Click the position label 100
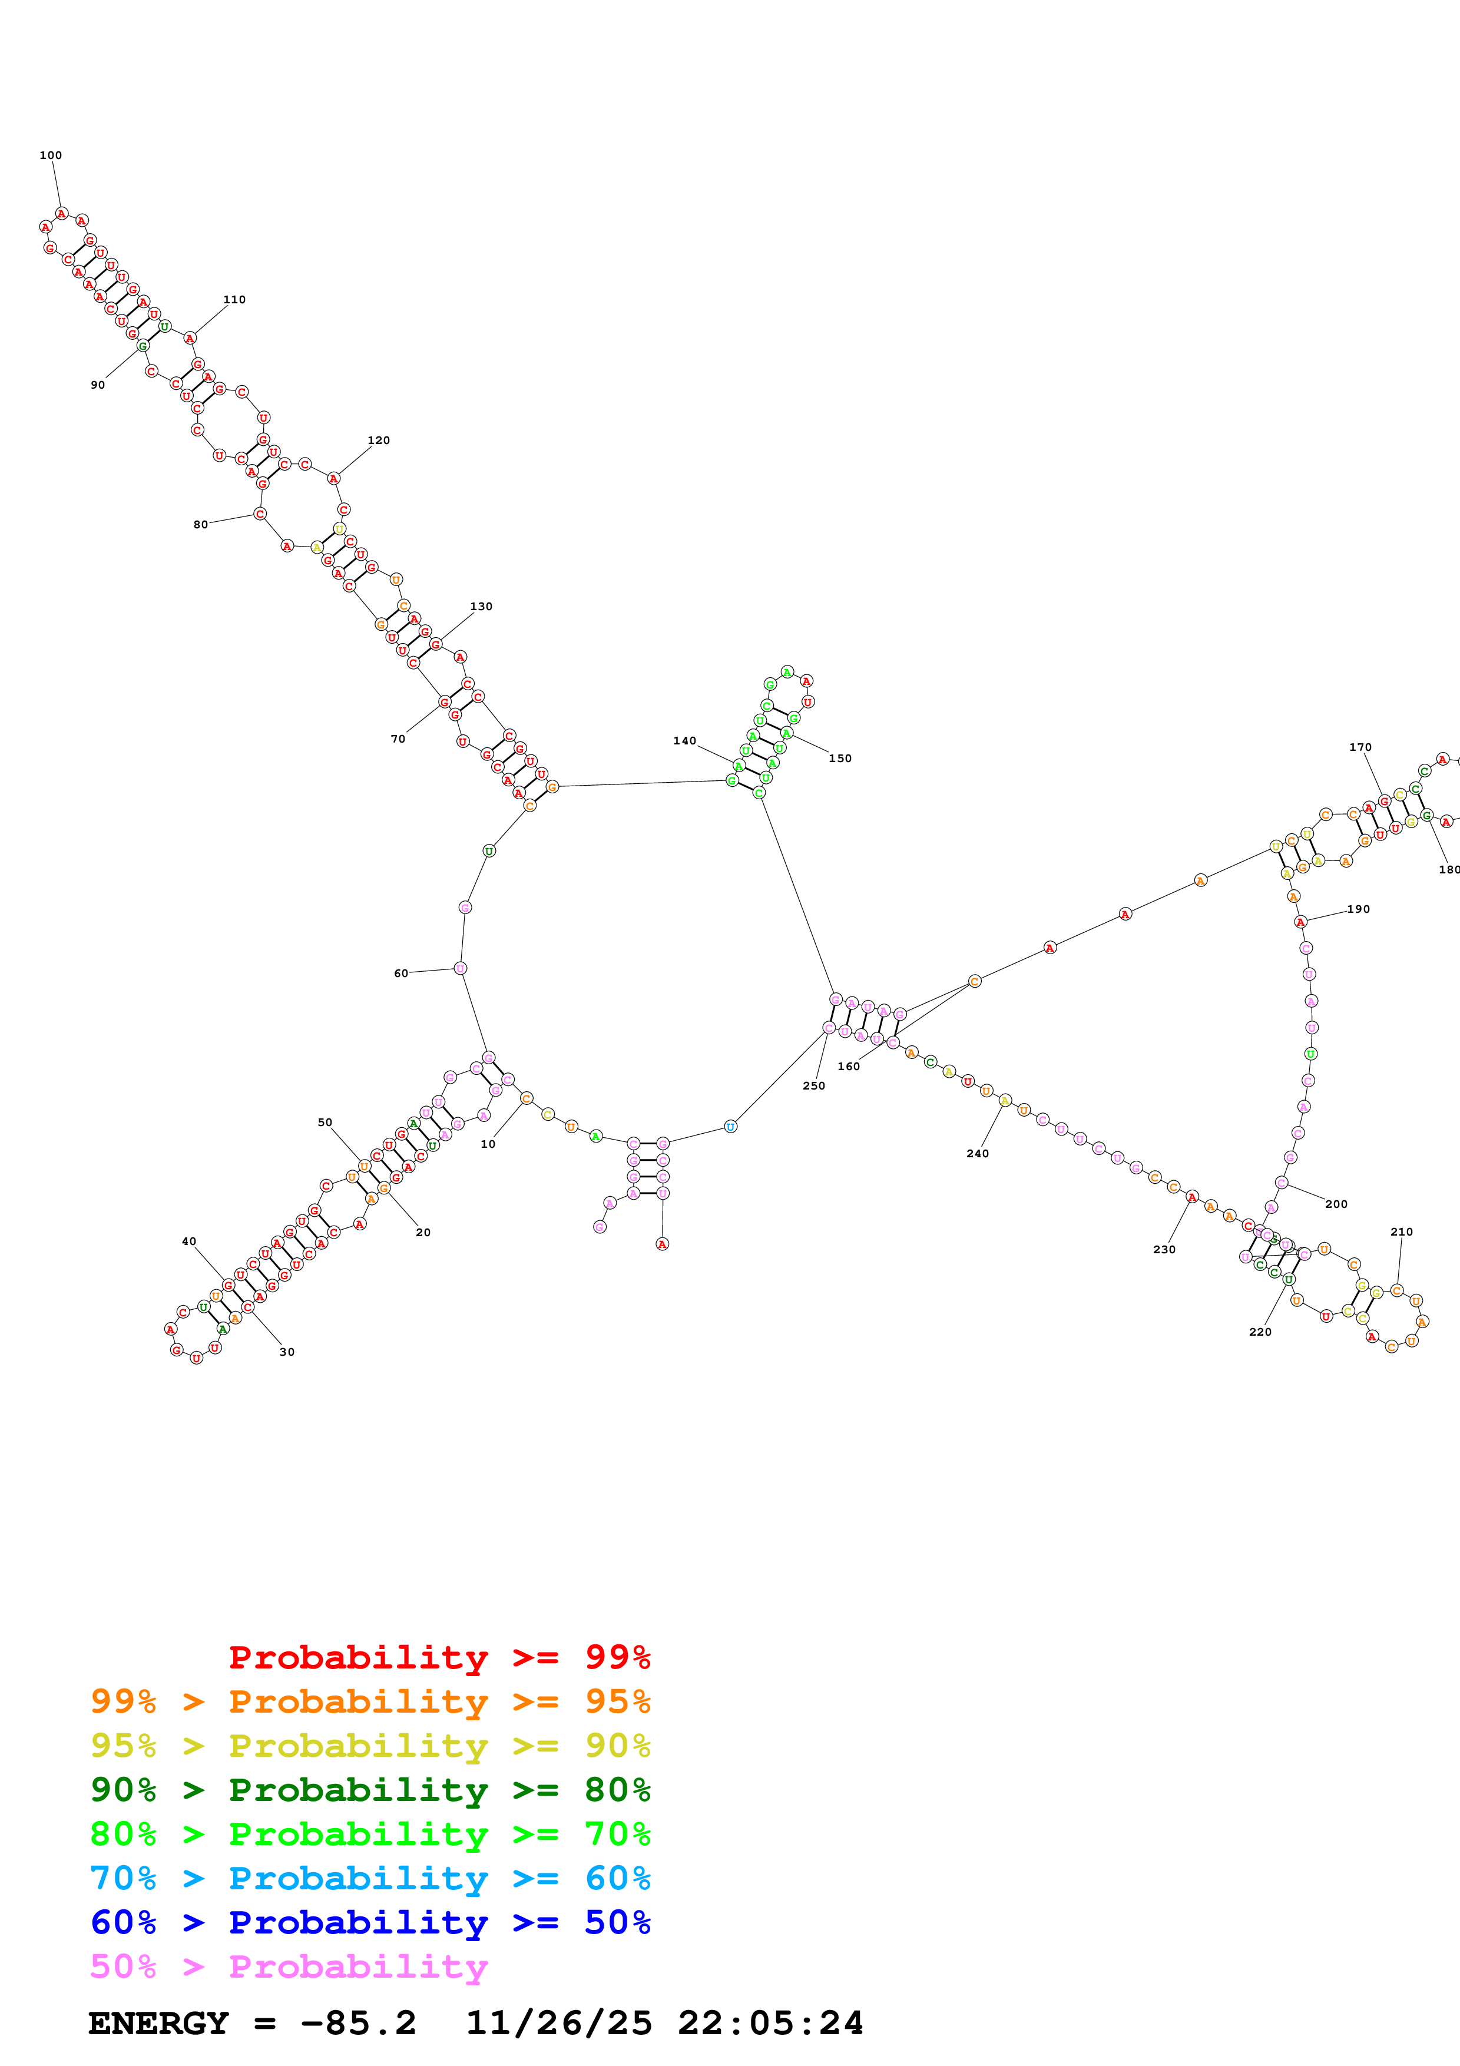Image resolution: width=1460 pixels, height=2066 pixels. pyautogui.click(x=51, y=155)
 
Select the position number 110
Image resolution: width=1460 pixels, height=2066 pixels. pyautogui.click(x=234, y=300)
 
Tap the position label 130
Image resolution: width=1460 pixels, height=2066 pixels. pyautogui.click(x=481, y=607)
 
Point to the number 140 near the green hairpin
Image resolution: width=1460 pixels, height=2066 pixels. pyautogui.click(x=684, y=740)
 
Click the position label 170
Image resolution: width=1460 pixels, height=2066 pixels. pyautogui.click(x=1360, y=747)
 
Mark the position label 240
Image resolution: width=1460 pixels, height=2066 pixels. pyautogui.click(x=977, y=1154)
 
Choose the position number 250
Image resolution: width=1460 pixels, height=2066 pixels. pyautogui.click(x=813, y=1086)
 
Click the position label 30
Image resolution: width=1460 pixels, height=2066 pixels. pyautogui.click(x=287, y=1352)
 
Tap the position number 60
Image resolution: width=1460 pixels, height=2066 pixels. pyautogui.click(x=401, y=974)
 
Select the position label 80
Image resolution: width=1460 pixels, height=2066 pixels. pyautogui.click(x=201, y=525)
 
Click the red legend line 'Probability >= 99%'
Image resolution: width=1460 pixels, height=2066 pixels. pyautogui.click(x=439, y=1657)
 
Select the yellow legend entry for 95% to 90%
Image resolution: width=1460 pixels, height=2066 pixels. pyautogui.click(x=370, y=1746)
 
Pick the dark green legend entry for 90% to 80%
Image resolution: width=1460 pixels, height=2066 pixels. pyautogui.click(x=370, y=1790)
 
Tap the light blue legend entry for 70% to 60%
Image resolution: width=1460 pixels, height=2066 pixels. pyautogui.click(x=370, y=1878)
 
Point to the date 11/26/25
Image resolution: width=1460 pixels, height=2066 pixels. pyautogui.click(x=559, y=2023)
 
